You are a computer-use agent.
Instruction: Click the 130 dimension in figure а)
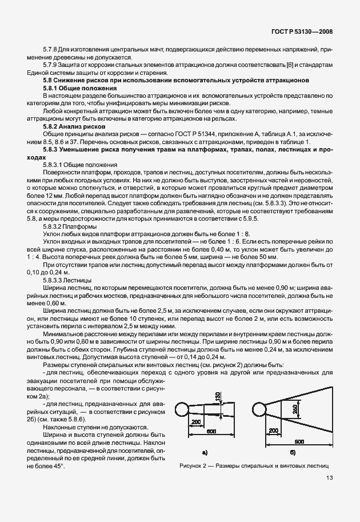[218, 397]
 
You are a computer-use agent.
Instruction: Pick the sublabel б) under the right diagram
[292, 452]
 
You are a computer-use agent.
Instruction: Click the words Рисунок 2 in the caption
[194, 466]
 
